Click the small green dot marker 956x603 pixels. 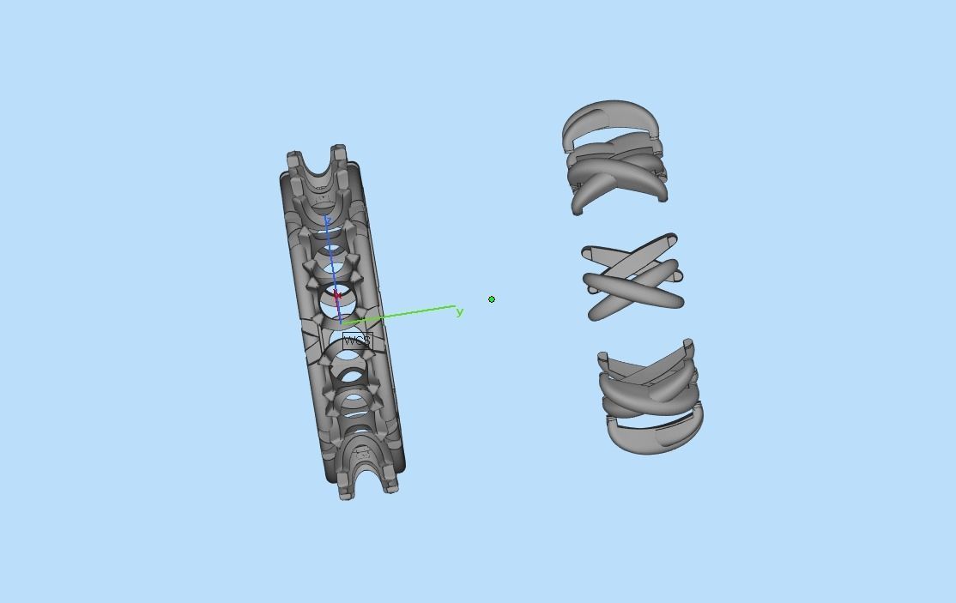click(492, 299)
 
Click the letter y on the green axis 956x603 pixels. click(460, 312)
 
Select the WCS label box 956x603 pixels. click(356, 341)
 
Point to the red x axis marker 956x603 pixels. click(337, 296)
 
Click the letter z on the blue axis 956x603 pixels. click(327, 220)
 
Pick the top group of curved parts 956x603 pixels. click(615, 159)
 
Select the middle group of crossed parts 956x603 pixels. click(633, 277)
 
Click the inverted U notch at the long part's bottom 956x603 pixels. click(367, 474)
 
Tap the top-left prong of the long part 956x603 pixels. click(294, 160)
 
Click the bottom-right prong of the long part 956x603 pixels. click(391, 485)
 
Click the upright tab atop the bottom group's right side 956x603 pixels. click(688, 347)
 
